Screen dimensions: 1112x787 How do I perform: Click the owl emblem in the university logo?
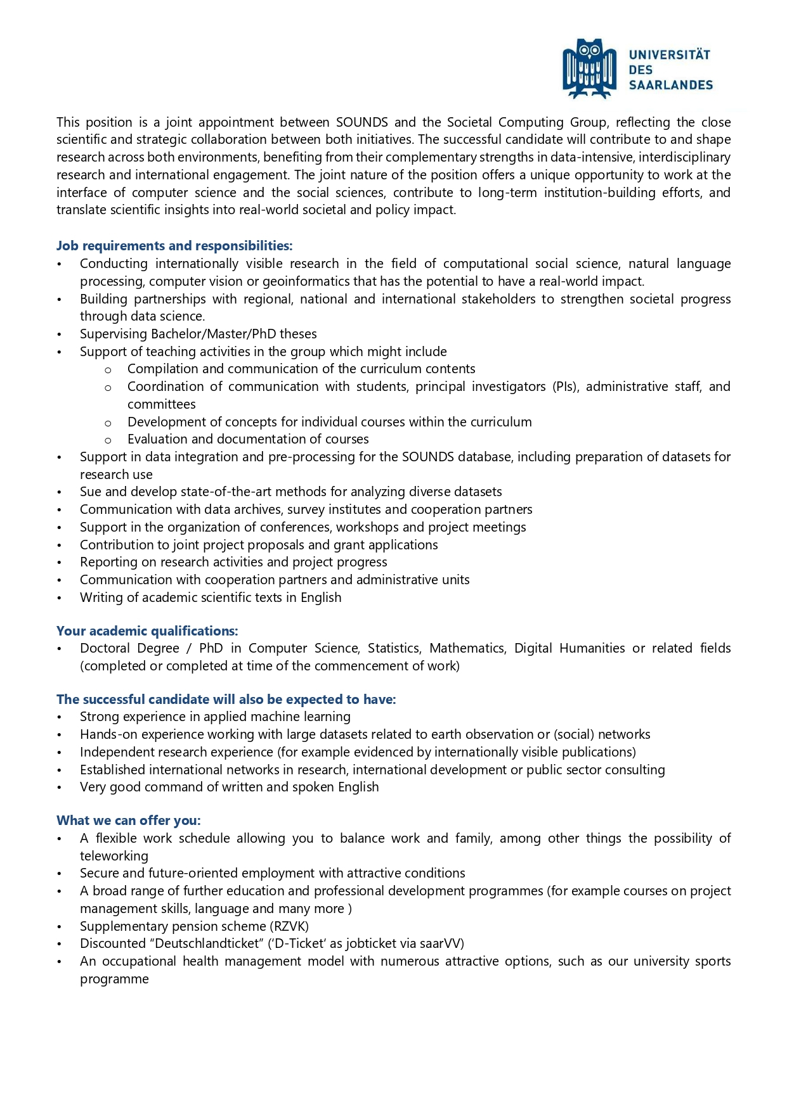pyautogui.click(x=589, y=68)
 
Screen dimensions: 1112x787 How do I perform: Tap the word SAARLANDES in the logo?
pyautogui.click(x=670, y=85)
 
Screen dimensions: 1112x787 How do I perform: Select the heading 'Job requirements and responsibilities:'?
pyautogui.click(x=174, y=246)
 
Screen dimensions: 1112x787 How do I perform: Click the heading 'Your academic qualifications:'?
pyautogui.click(x=147, y=631)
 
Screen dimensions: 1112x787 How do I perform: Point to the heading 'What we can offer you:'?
pyautogui.click(x=129, y=821)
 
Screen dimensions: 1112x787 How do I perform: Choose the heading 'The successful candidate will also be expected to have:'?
pyautogui.click(x=226, y=700)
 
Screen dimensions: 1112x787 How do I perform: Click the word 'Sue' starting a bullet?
pyautogui.click(x=91, y=492)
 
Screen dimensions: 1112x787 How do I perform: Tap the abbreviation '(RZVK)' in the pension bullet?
pyautogui.click(x=290, y=926)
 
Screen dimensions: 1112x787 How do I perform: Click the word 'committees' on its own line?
pyautogui.click(x=162, y=404)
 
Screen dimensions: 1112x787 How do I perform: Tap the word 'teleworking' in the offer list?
pyautogui.click(x=114, y=856)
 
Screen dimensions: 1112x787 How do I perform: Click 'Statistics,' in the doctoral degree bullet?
pyautogui.click(x=394, y=648)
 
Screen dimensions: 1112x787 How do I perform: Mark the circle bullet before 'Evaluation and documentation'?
pyautogui.click(x=108, y=440)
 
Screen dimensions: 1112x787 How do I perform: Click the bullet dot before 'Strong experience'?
pyautogui.click(x=60, y=717)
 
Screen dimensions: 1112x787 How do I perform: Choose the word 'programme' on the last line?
pyautogui.click(x=114, y=979)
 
